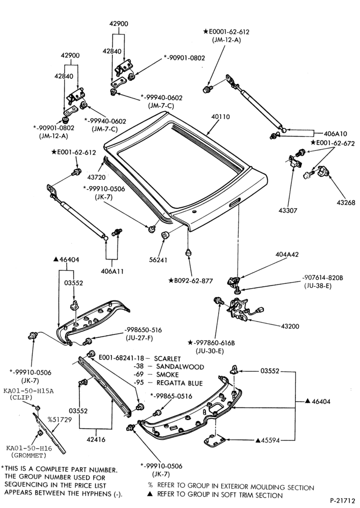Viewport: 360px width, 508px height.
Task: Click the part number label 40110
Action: pos(221,117)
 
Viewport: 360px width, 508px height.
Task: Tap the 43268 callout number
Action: pos(346,203)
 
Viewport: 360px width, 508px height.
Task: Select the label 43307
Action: pos(288,211)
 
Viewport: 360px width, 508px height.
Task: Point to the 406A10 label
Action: pos(336,134)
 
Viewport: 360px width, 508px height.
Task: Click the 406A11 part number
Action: pos(112,271)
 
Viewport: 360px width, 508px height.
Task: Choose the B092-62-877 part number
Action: pos(191,280)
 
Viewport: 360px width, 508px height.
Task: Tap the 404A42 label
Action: pos(287,255)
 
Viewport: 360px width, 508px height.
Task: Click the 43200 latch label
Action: pos(290,326)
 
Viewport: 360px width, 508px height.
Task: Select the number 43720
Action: pos(96,177)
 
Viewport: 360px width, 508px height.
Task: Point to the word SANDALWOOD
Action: pos(180,367)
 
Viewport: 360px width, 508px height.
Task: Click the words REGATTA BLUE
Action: pos(179,383)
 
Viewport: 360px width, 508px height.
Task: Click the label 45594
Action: pos(268,440)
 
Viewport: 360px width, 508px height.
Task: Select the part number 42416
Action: pos(96,439)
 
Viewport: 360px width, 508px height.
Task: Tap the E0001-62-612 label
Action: pos(226,31)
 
